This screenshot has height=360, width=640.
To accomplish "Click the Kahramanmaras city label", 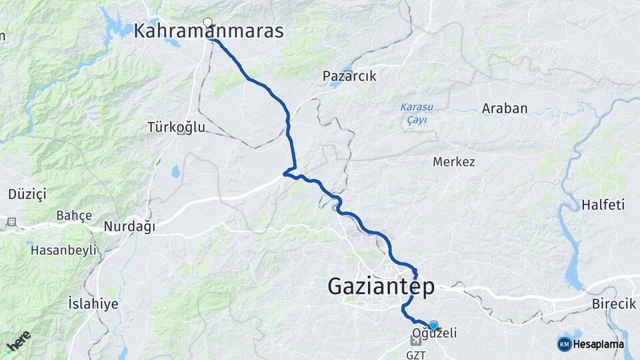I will tap(209, 31).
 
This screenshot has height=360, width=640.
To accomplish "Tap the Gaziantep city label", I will tap(381, 287).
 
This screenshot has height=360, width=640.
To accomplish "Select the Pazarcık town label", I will tap(349, 76).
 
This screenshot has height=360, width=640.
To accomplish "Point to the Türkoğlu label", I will tap(176, 127).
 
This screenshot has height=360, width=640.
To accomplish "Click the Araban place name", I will tap(505, 109).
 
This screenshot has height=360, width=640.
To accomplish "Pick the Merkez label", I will tap(453, 162).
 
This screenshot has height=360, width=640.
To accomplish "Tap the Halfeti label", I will tap(603, 205).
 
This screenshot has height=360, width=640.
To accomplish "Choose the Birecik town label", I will tap(613, 304).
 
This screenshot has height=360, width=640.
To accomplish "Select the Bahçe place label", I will tap(73, 215).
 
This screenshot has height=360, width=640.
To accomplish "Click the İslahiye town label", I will tap(93, 304).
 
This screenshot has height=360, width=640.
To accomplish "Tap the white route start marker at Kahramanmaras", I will tap(208, 22).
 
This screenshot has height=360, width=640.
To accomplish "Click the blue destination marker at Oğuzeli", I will tap(433, 325).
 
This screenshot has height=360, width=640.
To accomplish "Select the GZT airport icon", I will tap(416, 341).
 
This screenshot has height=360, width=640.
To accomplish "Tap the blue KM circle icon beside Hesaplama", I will tap(564, 344).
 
